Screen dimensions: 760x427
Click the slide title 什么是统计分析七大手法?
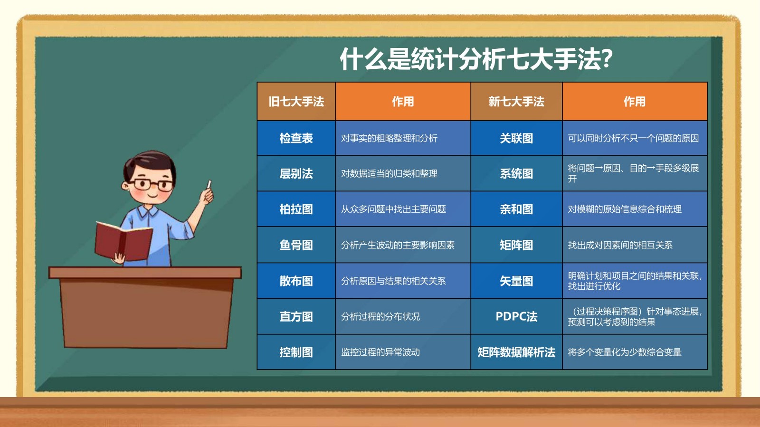click(476, 59)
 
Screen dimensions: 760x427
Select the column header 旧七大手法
click(296, 102)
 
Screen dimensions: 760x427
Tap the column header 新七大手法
click(516, 102)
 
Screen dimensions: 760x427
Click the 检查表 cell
click(296, 138)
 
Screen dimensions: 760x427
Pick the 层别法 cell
click(296, 174)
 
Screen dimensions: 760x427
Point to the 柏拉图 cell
click(296, 209)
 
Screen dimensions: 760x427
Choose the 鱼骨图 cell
click(296, 245)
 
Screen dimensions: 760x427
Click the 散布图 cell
click(296, 281)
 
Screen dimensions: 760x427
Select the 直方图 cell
click(296, 316)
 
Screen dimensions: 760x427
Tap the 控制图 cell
click(296, 352)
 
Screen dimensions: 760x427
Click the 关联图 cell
click(516, 138)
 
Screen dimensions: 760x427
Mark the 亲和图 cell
click(516, 209)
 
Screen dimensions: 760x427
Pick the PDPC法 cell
click(516, 316)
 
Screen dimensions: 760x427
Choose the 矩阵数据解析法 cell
click(516, 352)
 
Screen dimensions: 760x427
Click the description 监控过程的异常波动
click(380, 352)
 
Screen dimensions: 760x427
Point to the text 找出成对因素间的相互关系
click(620, 245)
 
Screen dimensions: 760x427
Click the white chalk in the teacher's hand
click(209, 184)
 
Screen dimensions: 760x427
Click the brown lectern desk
click(145, 307)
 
